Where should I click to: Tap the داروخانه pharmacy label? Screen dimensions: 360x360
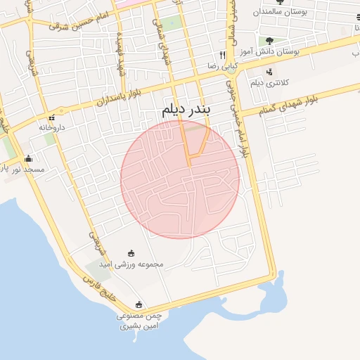(x=51, y=127)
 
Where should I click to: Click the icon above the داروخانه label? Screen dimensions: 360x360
(x=51, y=117)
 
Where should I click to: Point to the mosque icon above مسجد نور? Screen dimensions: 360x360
(x=27, y=158)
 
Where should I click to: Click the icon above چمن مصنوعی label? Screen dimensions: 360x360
(x=139, y=304)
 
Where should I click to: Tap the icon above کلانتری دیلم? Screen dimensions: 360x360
(x=270, y=72)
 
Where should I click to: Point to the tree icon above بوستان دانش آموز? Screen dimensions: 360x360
(x=270, y=41)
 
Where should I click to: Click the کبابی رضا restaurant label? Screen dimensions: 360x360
(x=220, y=65)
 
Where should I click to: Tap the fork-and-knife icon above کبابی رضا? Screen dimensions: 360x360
(x=221, y=55)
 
